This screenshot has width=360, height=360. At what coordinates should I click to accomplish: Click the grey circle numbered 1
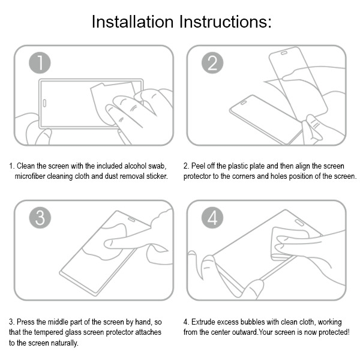tap(40, 62)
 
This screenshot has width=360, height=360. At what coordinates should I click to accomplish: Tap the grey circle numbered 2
tap(212, 62)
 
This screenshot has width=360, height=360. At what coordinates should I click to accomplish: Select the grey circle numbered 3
tap(40, 218)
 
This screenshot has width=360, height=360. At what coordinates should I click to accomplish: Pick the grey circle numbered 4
tap(212, 218)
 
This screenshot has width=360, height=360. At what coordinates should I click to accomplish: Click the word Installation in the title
tap(133, 22)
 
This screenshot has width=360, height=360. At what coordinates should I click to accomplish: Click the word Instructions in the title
tap(226, 22)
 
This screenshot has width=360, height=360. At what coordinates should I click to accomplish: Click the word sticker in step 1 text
tap(157, 176)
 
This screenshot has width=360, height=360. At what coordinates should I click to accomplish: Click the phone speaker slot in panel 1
tap(44, 103)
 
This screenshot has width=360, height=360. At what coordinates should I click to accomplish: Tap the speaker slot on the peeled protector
tap(284, 53)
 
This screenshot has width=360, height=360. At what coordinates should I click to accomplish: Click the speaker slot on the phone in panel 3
tap(131, 220)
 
